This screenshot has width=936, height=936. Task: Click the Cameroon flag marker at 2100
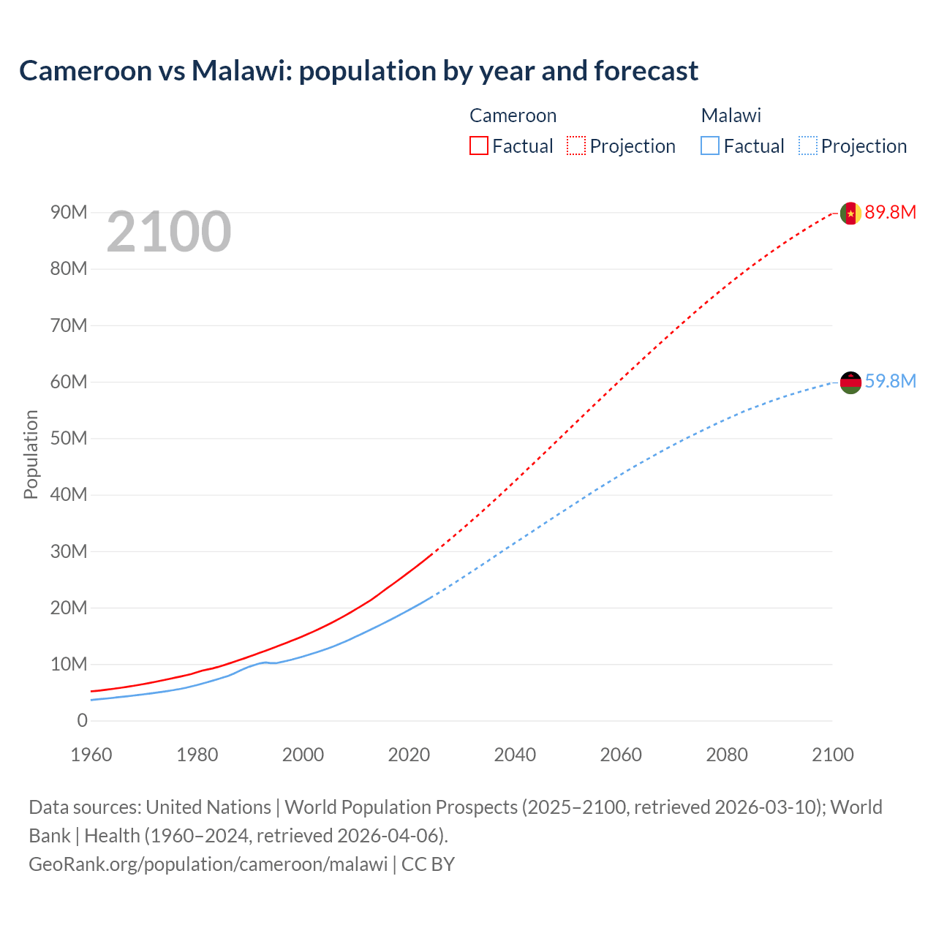click(x=850, y=213)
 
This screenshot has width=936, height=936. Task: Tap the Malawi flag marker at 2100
click(x=850, y=382)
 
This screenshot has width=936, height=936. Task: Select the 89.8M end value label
click(x=890, y=213)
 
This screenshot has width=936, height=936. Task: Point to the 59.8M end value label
click(x=890, y=382)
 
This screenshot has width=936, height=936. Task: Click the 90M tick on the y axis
click(x=69, y=213)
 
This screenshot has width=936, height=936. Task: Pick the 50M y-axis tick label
click(x=69, y=438)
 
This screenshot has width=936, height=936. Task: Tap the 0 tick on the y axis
click(x=82, y=720)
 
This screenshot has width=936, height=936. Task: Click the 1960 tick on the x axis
click(x=91, y=755)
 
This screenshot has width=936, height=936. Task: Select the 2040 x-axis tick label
click(x=515, y=755)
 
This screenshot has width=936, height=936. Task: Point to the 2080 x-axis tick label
click(x=727, y=755)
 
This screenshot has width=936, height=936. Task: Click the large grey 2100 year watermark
click(x=169, y=233)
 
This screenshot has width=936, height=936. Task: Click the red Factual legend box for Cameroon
click(x=478, y=146)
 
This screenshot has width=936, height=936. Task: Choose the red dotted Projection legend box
click(x=576, y=146)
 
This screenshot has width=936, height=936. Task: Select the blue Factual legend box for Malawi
click(x=710, y=146)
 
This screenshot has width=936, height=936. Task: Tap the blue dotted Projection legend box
click(x=808, y=146)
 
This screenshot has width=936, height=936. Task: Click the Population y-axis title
click(x=31, y=454)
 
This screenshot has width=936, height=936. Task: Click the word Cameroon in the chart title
click(x=85, y=71)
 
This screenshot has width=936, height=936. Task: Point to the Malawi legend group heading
click(x=731, y=116)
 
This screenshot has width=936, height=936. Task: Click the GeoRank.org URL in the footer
click(x=208, y=864)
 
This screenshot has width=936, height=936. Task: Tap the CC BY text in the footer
click(x=428, y=864)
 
